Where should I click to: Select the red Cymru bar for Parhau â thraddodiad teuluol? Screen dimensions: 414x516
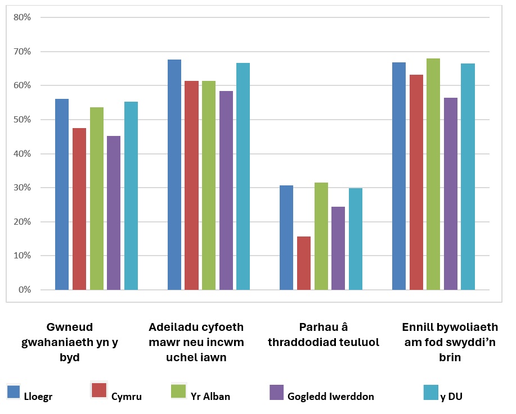pos(304,263)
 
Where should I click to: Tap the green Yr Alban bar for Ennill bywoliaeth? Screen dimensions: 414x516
pos(433,174)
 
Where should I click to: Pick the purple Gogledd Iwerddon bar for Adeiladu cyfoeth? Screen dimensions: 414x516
pos(226,190)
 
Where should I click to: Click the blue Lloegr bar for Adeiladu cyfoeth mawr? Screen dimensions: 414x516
pos(174,175)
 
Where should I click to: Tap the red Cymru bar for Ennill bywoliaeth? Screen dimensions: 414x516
pos(416,182)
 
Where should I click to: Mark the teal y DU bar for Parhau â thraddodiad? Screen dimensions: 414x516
pos(356,239)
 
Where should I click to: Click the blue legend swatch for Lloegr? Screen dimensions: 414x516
pos(14,392)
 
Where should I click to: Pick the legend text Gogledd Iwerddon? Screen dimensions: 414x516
pos(331,397)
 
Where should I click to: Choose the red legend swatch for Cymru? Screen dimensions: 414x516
pos(99,390)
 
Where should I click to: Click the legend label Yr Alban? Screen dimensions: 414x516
pos(210,397)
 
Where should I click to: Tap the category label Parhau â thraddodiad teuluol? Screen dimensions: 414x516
pos(324,335)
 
